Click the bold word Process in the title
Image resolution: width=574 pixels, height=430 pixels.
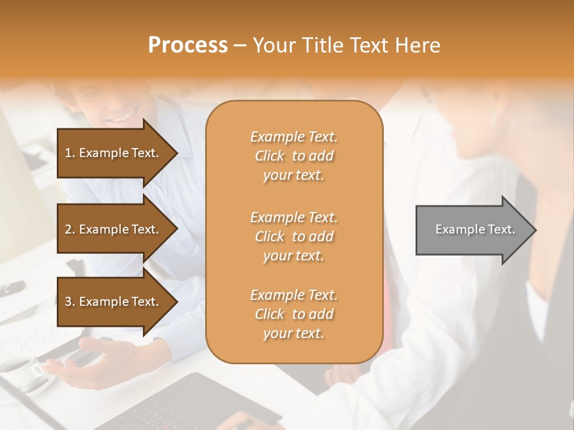click(188, 45)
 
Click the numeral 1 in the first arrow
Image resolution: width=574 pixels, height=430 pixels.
click(68, 153)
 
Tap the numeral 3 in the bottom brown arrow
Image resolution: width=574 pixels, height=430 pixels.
click(68, 302)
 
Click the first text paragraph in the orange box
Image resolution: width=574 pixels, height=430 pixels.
click(294, 156)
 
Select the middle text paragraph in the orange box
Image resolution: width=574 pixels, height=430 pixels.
click(294, 236)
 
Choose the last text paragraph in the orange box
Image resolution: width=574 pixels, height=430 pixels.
click(294, 314)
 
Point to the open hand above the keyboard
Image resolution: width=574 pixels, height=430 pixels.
click(96, 358)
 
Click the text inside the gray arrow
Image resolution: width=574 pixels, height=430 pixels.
click(475, 229)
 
